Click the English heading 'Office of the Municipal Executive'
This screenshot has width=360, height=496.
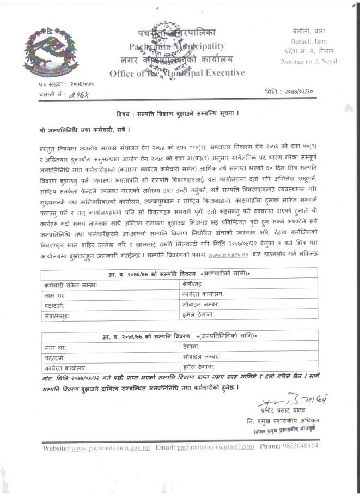(176, 73)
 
